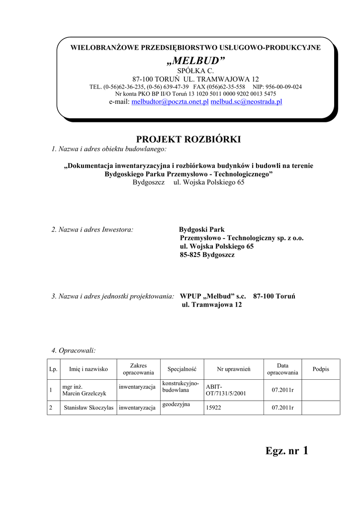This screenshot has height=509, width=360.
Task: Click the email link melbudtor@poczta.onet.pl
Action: tap(170, 102)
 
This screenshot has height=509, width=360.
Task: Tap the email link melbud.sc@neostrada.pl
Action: tap(247, 102)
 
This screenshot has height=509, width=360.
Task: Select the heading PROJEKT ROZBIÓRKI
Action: tap(188, 140)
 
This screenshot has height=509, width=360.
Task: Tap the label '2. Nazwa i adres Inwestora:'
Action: tap(92, 230)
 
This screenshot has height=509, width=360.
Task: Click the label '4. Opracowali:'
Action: tap(74, 351)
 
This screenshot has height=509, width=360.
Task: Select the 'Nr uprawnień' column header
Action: tap(233, 369)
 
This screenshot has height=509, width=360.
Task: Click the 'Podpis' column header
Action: tap(321, 369)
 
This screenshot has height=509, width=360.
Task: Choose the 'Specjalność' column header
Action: tap(182, 369)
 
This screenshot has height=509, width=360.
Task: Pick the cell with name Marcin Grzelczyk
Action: tap(84, 391)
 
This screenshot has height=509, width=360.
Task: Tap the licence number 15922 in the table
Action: tap(213, 408)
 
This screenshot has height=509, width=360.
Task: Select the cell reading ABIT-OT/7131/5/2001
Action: tap(226, 391)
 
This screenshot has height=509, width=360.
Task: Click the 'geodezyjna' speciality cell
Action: tap(176, 405)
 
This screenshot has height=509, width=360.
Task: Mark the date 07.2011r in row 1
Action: tap(282, 390)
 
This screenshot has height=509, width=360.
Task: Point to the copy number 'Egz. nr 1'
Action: tap(287, 451)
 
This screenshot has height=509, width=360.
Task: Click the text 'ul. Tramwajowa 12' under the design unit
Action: tap(212, 305)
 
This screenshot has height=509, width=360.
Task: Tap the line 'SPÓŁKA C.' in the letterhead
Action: tap(195, 71)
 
